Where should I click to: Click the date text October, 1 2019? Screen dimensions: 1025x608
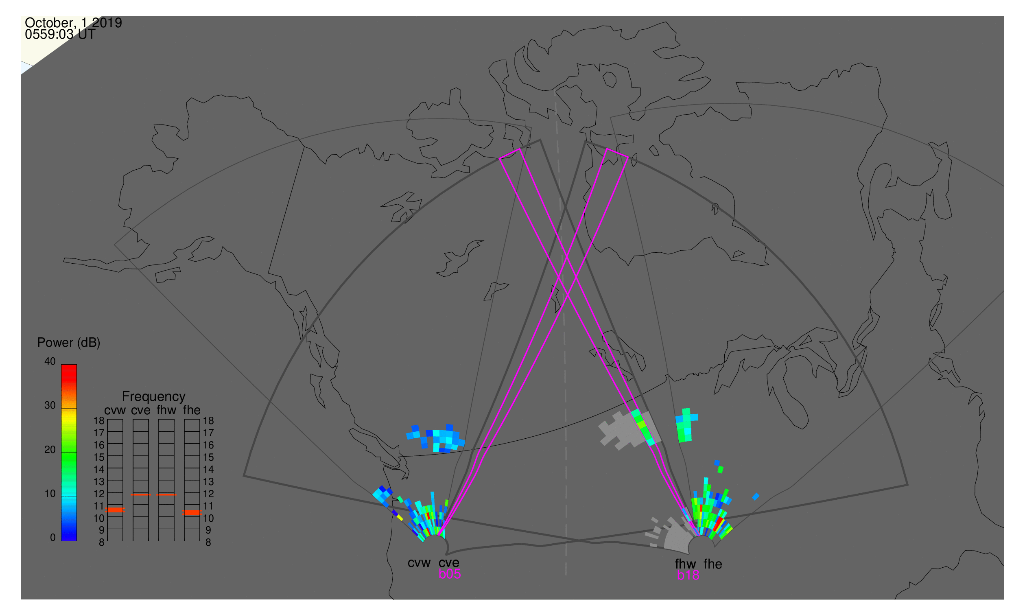[x=73, y=22]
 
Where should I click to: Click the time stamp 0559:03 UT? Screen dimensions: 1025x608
[x=60, y=35]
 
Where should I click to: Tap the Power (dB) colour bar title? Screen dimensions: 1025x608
[x=69, y=343]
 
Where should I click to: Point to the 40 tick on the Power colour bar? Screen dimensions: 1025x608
[x=50, y=361]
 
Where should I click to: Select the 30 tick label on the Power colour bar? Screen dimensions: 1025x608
[x=50, y=406]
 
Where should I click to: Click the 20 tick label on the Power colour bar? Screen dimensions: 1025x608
[x=50, y=450]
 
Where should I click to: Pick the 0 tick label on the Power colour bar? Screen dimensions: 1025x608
[x=53, y=538]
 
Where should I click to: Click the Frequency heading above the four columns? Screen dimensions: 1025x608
[x=154, y=397]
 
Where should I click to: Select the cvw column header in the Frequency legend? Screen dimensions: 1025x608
[x=115, y=411]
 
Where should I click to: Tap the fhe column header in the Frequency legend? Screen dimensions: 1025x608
[x=192, y=411]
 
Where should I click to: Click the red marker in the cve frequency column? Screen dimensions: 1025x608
[x=141, y=495]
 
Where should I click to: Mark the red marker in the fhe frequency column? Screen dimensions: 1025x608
[x=192, y=512]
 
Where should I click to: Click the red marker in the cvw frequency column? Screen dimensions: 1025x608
[x=115, y=510]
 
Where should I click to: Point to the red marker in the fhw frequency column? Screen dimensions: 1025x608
[x=166, y=495]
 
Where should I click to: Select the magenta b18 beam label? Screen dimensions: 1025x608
[x=688, y=575]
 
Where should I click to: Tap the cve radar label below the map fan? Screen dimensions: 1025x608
[x=449, y=563]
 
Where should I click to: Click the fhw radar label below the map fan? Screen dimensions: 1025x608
[x=686, y=564]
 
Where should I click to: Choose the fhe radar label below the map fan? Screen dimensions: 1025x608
[x=713, y=564]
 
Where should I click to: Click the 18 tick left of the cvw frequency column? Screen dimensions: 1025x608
[x=99, y=421]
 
